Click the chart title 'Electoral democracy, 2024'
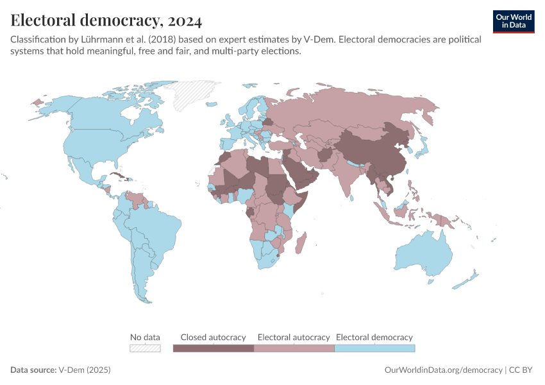[x=106, y=21]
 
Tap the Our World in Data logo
[x=513, y=21]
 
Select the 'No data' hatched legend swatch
[x=145, y=348]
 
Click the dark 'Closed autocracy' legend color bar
[x=214, y=348]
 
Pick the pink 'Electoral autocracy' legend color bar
[x=294, y=348]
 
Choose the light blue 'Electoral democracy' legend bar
[x=374, y=348]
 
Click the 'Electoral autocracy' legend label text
[x=294, y=337]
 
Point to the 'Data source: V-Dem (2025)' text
[x=61, y=370]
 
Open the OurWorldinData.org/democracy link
[x=443, y=370]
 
